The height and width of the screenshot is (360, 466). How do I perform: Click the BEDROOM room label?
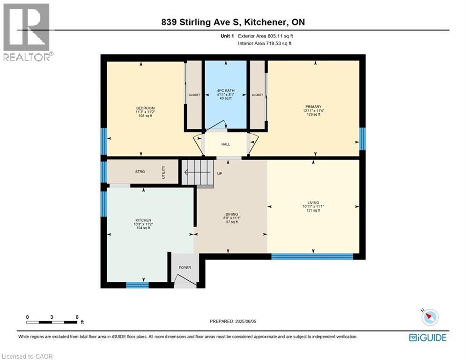pyautogui.click(x=145, y=108)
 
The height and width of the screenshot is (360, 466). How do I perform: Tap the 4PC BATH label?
pyautogui.click(x=225, y=90)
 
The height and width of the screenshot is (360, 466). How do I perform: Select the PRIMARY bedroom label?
pyautogui.click(x=313, y=107)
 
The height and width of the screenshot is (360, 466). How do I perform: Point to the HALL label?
pyautogui.click(x=225, y=144)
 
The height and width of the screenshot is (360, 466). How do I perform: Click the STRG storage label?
pyautogui.click(x=140, y=172)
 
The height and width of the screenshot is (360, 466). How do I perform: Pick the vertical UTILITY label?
pyautogui.click(x=164, y=172)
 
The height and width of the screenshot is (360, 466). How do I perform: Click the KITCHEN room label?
pyautogui.click(x=143, y=220)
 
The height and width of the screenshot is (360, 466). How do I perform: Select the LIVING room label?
pyautogui.click(x=313, y=203)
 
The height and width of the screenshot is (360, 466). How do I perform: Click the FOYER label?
pyautogui.click(x=185, y=268)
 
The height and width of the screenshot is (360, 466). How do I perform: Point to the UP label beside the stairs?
pyautogui.click(x=219, y=173)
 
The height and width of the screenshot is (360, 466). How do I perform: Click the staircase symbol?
pyautogui.click(x=197, y=172)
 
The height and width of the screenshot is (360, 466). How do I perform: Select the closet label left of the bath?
pyautogui.click(x=194, y=95)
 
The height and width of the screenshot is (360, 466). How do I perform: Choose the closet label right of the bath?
pyautogui.click(x=257, y=95)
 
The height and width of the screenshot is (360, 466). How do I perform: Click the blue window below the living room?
pyautogui.click(x=312, y=256)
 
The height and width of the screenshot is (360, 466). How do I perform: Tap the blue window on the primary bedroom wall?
pyautogui.click(x=362, y=139)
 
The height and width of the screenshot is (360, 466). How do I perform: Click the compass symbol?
pyautogui.click(x=429, y=318)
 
